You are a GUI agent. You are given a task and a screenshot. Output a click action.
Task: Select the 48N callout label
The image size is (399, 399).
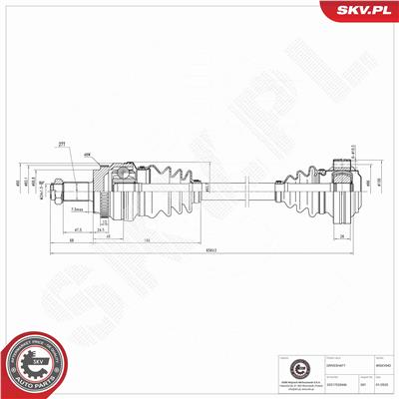[87, 155]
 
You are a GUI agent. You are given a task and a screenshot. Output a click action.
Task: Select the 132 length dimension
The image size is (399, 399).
[147, 241]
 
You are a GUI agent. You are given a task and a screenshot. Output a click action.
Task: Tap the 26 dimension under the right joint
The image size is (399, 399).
[343, 235]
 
